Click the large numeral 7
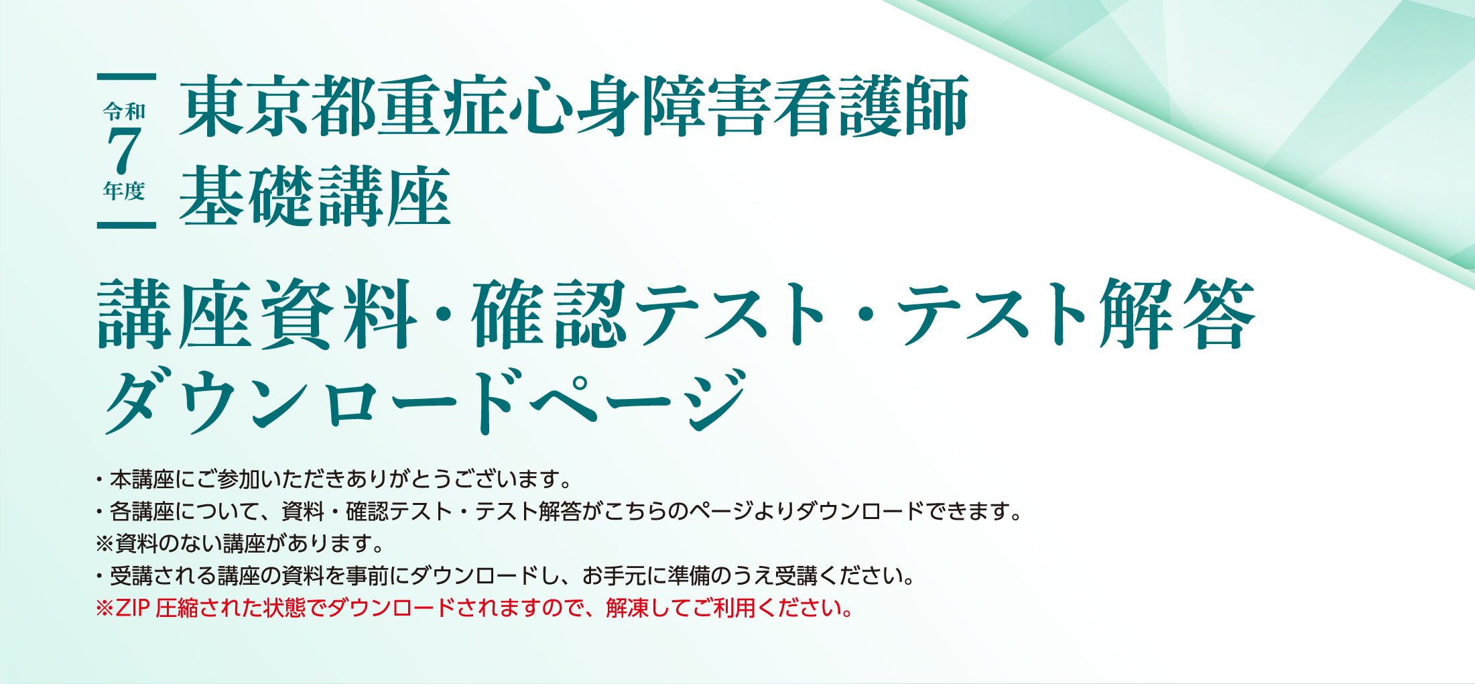click(125, 150)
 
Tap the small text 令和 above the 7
click(125, 111)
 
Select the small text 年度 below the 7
click(125, 191)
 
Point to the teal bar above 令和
click(127, 77)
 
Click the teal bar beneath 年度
click(127, 225)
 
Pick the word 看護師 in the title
click(870, 106)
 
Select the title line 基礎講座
click(315, 196)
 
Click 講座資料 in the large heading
click(258, 314)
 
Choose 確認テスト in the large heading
click(649, 314)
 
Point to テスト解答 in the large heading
click(1076, 314)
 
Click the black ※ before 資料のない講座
click(105, 543)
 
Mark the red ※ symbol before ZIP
click(105, 608)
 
